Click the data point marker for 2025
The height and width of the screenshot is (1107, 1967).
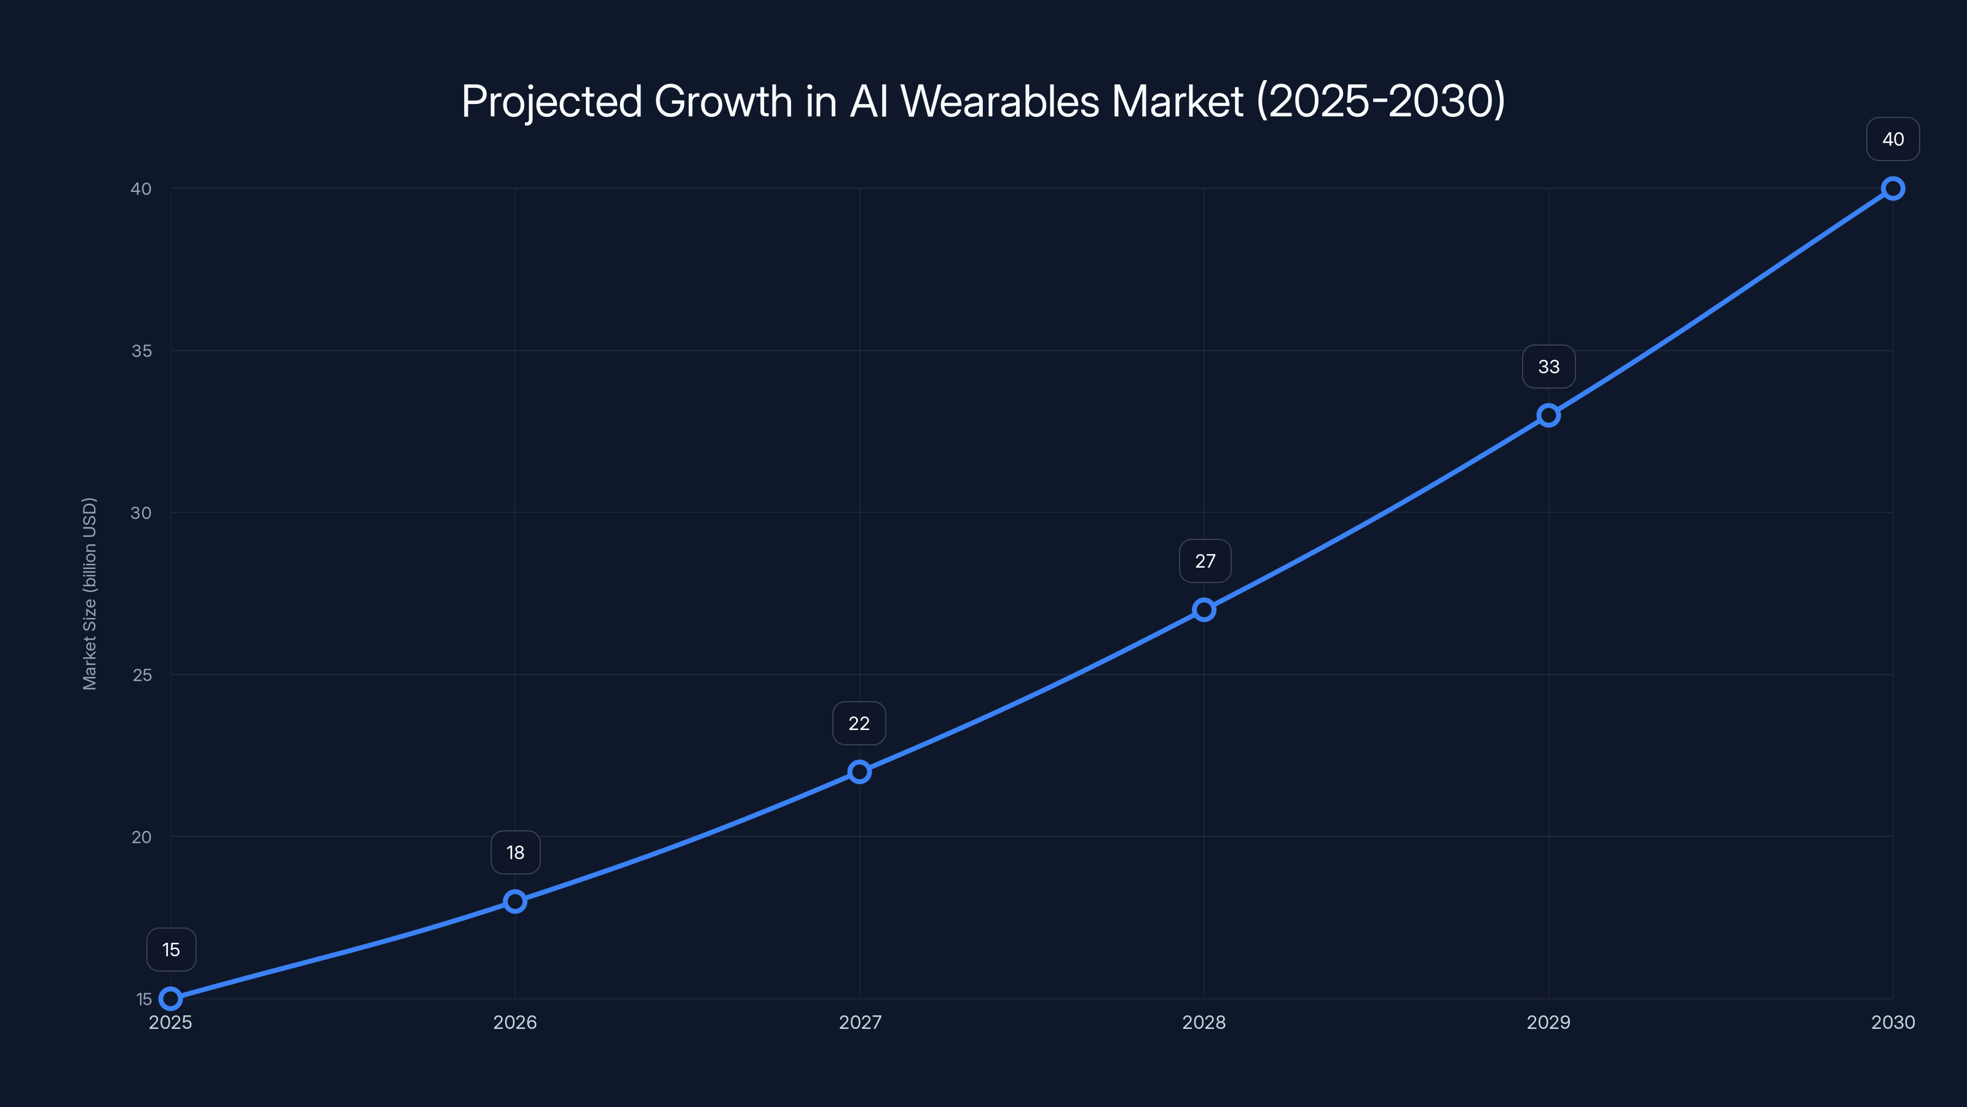click(170, 999)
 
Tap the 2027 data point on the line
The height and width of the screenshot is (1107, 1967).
click(859, 772)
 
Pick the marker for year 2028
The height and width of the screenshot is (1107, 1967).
click(1204, 609)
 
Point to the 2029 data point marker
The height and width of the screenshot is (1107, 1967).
click(1548, 416)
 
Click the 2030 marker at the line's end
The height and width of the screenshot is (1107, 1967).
click(1893, 189)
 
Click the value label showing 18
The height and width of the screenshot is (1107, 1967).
click(516, 852)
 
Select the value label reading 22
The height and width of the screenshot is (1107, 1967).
click(859, 723)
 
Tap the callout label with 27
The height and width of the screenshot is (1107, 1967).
click(1205, 561)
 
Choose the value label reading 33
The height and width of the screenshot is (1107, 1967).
click(1548, 367)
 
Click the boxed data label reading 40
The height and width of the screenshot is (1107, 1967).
click(1893, 139)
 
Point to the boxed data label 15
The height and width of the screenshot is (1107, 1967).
click(171, 950)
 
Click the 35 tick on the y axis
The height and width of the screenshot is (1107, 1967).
click(141, 351)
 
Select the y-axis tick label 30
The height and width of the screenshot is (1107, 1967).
click(141, 513)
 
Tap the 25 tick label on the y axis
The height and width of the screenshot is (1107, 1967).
click(141, 675)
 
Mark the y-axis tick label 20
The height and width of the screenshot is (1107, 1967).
click(141, 836)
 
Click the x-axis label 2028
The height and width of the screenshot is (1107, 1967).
click(1204, 1022)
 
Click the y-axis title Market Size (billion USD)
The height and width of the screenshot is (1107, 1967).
click(89, 593)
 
